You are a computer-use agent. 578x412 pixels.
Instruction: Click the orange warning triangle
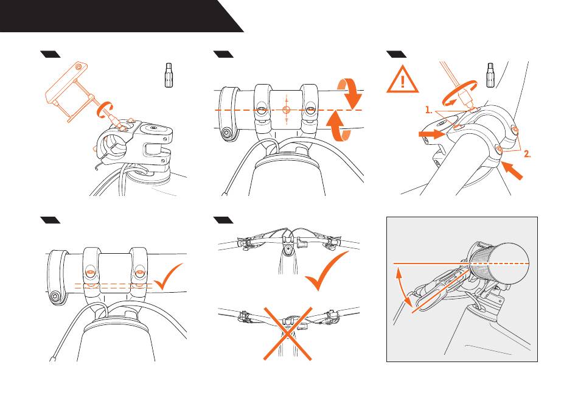coord(402,80)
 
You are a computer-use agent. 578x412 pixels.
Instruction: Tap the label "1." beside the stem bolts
coord(428,110)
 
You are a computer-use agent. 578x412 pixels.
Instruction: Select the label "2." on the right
coord(528,154)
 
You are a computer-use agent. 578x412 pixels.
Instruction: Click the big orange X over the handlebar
coord(288,333)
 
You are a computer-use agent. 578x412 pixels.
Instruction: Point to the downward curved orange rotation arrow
coord(350,94)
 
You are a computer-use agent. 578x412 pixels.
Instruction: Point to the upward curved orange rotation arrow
coord(338,125)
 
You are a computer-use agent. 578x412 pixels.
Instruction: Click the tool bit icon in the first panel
coord(169,75)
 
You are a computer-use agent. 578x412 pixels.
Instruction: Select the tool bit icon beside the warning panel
coord(490,75)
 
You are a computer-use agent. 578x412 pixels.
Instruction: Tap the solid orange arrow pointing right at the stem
coord(432,134)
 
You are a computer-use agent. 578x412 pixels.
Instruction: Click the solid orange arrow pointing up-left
coord(512,170)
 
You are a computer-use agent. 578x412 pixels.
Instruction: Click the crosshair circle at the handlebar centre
coord(287,110)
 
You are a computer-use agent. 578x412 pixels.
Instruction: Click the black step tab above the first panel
coord(50,55)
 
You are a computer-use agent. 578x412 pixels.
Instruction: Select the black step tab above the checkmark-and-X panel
coord(223,220)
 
